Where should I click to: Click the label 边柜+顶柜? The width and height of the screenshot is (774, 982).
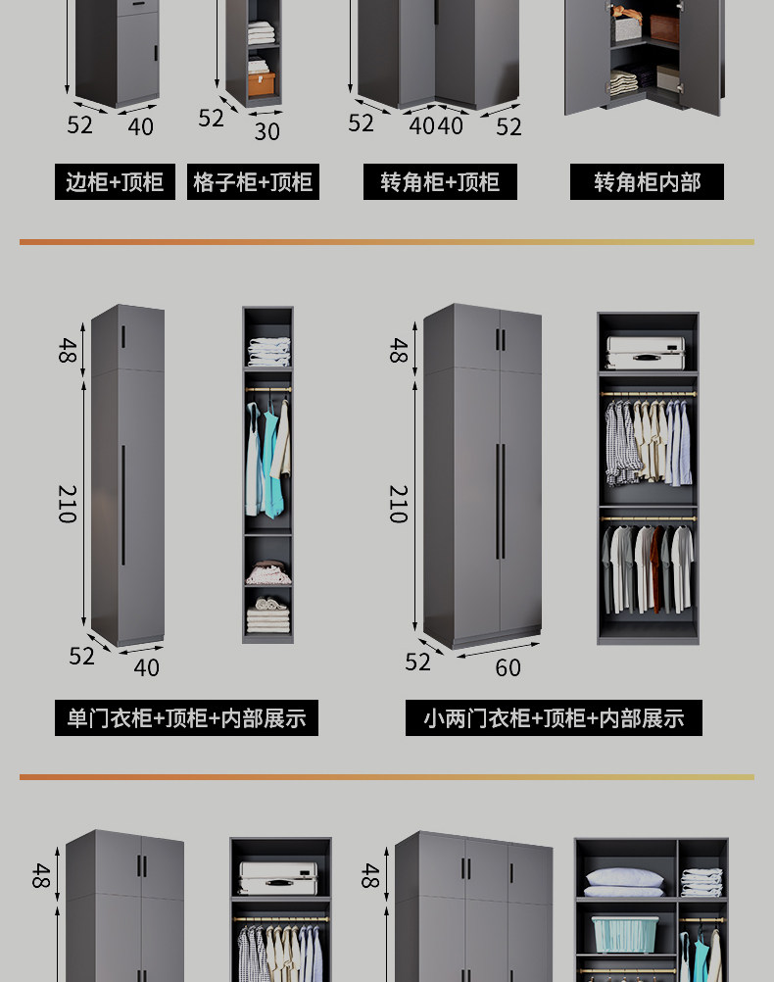coord(115,182)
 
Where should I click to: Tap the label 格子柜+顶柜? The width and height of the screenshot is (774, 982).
coord(253,182)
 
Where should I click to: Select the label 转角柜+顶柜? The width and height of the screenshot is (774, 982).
coord(440,182)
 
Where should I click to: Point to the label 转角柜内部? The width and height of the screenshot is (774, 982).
coord(647,182)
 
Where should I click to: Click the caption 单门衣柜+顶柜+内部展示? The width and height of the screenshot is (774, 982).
coord(186,717)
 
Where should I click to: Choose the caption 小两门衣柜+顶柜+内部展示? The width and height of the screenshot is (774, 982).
coord(554,717)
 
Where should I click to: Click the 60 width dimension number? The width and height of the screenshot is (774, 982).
coord(508,668)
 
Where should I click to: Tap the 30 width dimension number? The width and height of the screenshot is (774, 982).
coord(266,131)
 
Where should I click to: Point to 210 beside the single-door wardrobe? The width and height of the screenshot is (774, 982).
coord(68,504)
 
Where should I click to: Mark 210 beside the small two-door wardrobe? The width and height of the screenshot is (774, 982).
coord(399,504)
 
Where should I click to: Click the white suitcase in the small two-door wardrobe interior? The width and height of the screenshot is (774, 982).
coord(646,353)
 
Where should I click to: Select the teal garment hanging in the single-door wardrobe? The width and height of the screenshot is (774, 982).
coord(271,461)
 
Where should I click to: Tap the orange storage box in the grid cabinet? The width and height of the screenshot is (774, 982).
coord(262,83)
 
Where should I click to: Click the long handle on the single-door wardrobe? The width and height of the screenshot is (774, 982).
coord(122,505)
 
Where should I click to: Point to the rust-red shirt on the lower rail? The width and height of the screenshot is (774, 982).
coord(655,569)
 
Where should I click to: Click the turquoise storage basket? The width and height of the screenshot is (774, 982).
coord(624,934)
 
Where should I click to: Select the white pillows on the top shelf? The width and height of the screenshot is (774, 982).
coord(624,882)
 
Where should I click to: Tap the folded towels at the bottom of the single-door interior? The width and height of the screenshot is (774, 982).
coord(268,615)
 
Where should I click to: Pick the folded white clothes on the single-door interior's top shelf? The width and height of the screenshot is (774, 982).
coord(269,351)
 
